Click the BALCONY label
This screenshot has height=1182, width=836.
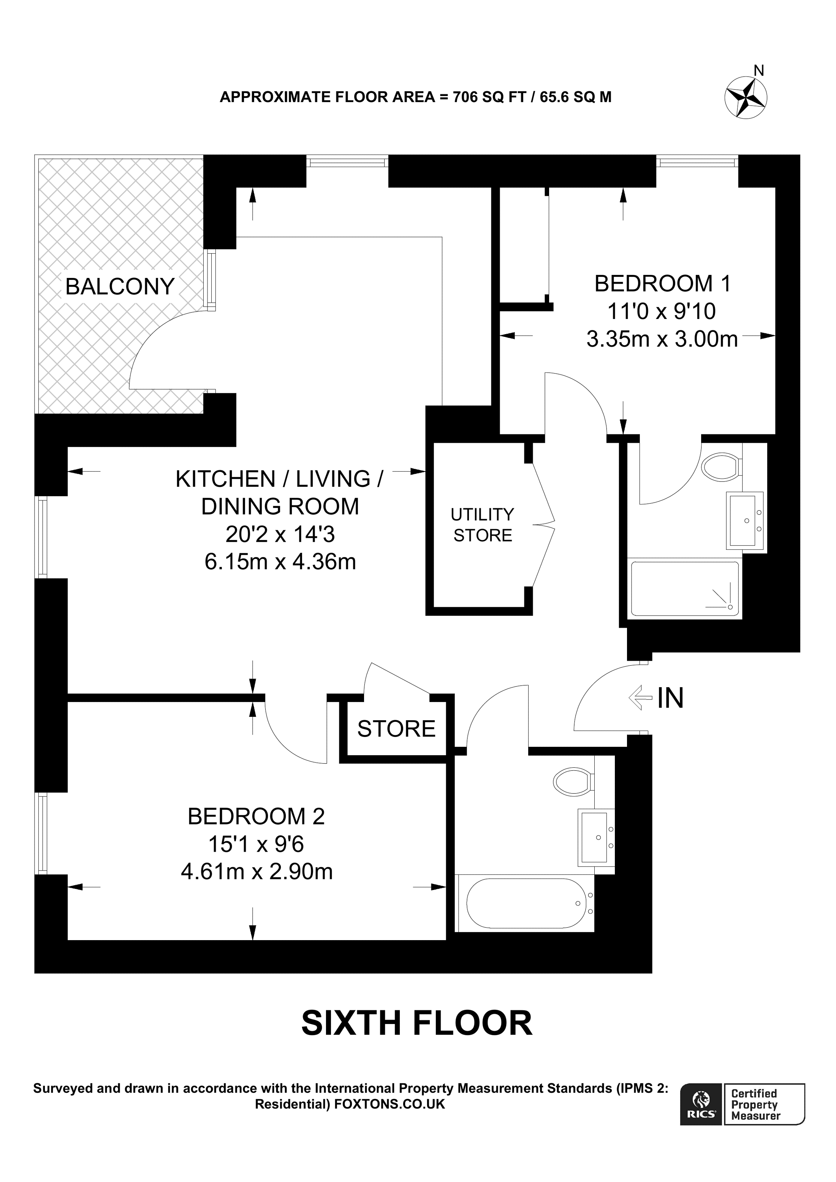click(x=120, y=286)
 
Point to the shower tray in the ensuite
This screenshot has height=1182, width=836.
click(x=684, y=588)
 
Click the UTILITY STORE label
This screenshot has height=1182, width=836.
click(x=483, y=525)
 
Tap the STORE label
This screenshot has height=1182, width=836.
click(x=396, y=729)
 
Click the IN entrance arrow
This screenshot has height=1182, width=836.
click(x=641, y=698)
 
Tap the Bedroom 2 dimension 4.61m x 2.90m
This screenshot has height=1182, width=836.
click(x=257, y=871)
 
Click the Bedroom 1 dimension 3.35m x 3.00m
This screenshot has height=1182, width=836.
click(x=662, y=339)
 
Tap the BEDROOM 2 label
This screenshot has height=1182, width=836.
click(x=256, y=816)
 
